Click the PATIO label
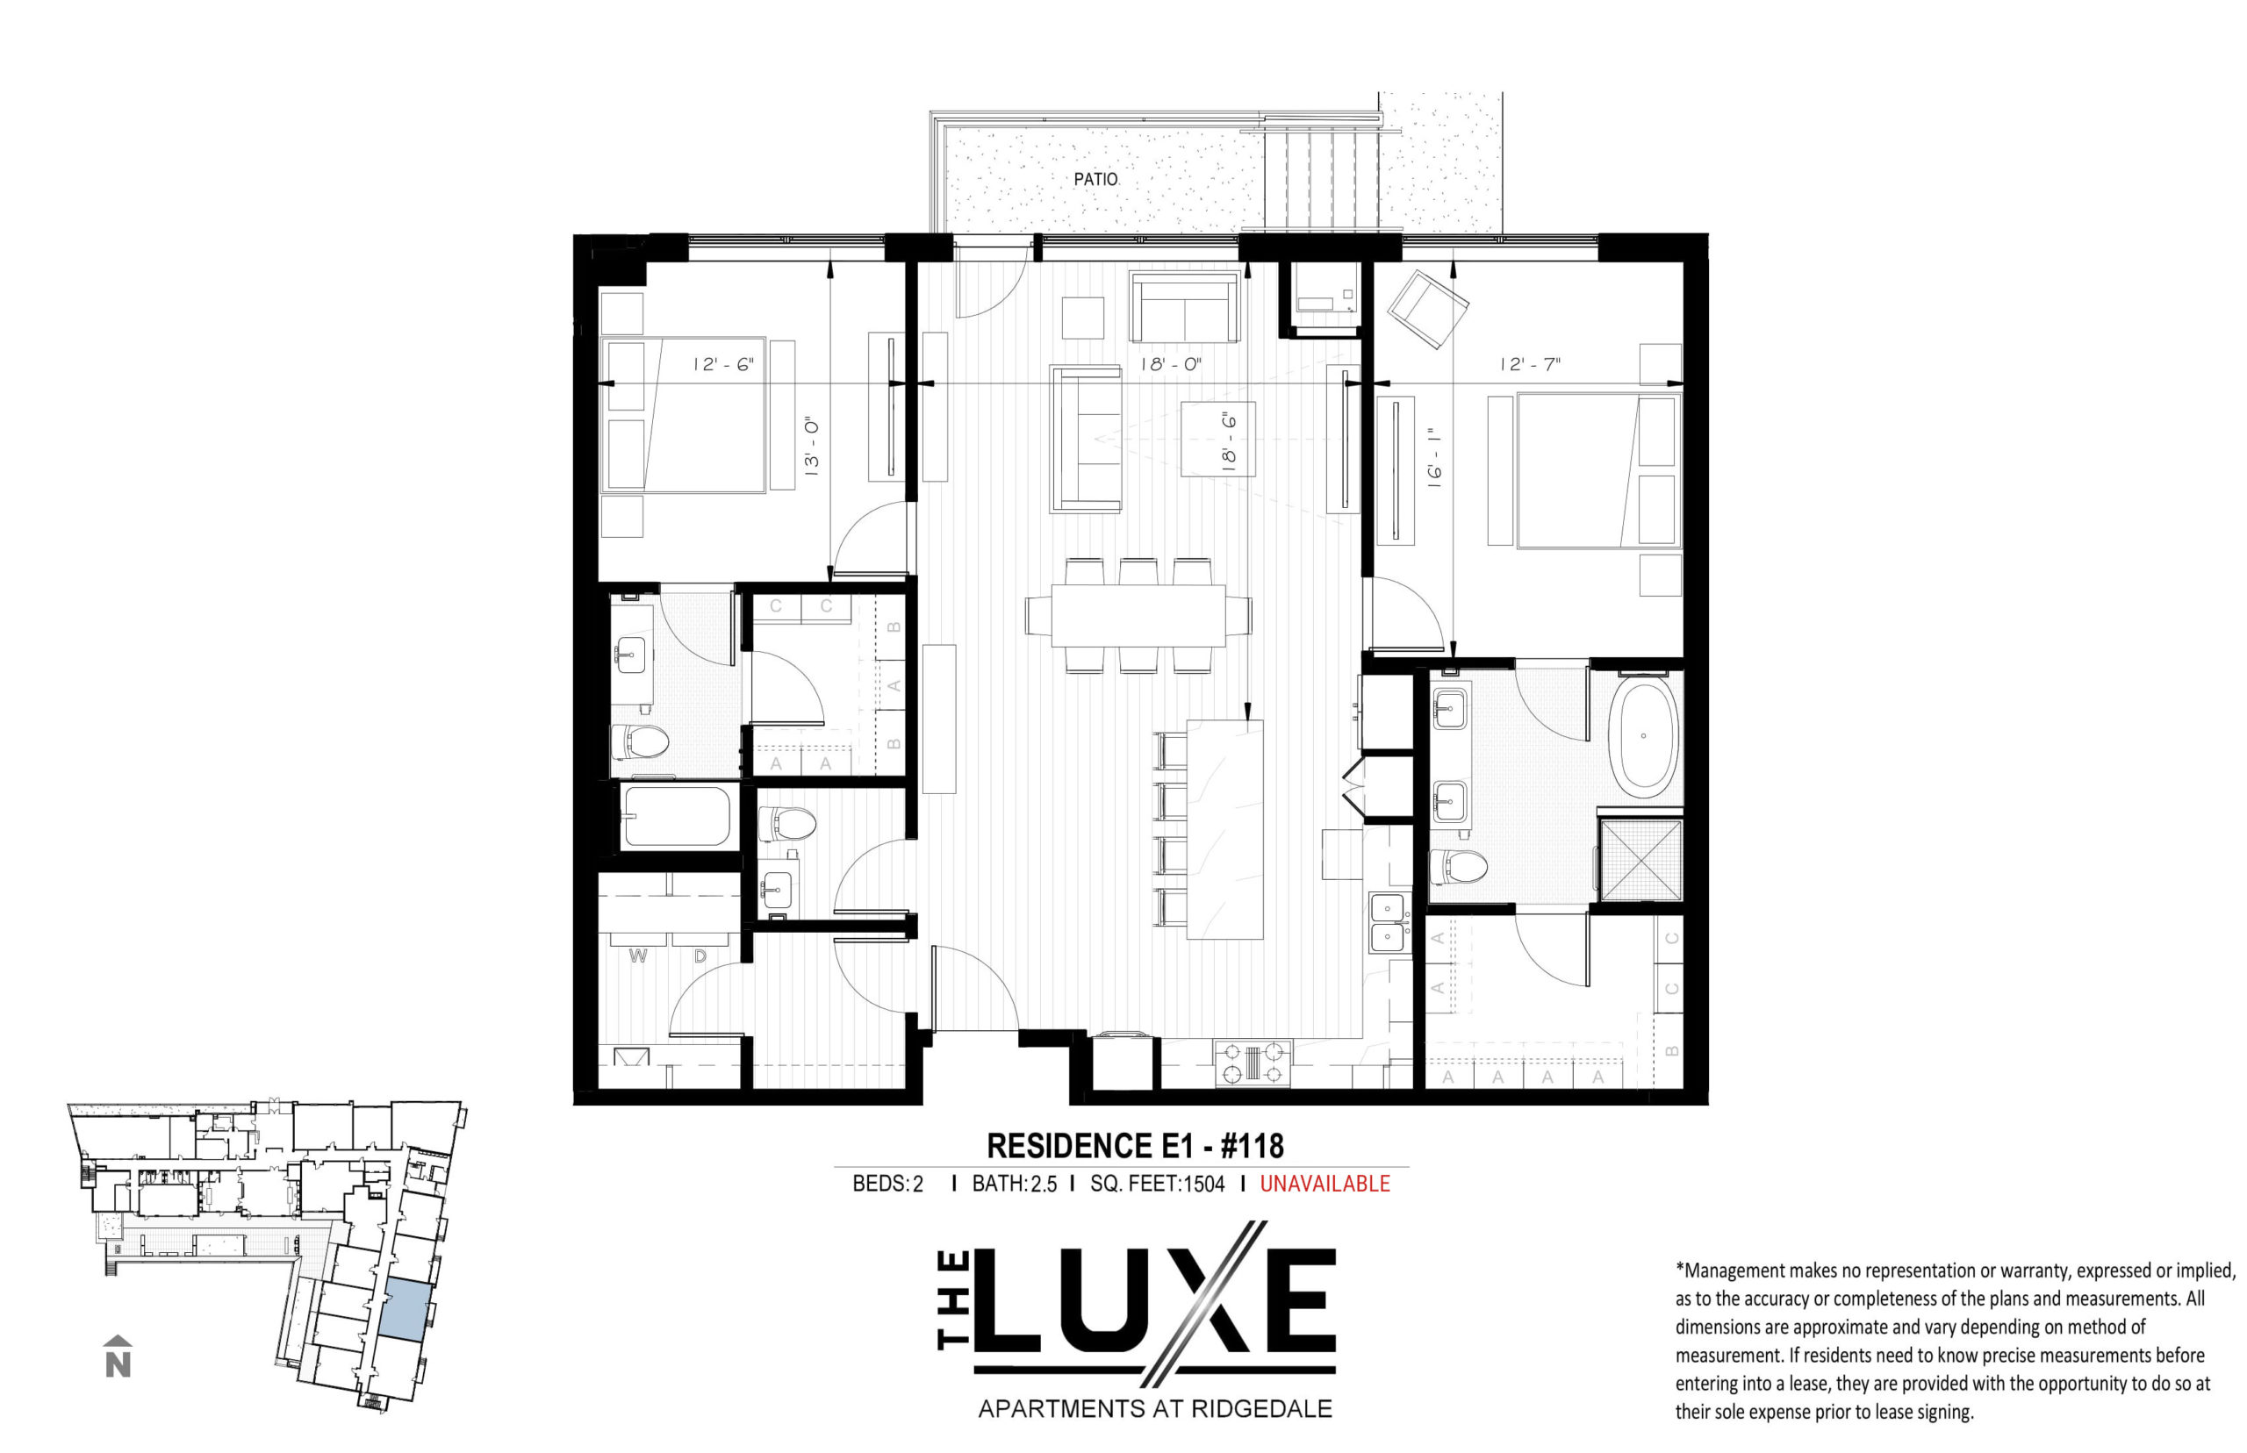(1095, 178)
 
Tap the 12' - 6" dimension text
(724, 364)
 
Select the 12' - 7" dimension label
(1531, 364)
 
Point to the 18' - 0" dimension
(1170, 364)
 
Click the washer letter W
(638, 956)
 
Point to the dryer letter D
(700, 956)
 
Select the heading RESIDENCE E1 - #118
(1135, 1145)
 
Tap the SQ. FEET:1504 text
(1157, 1183)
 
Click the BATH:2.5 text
(1015, 1183)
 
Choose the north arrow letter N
(118, 1364)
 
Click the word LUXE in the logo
(1153, 1298)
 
